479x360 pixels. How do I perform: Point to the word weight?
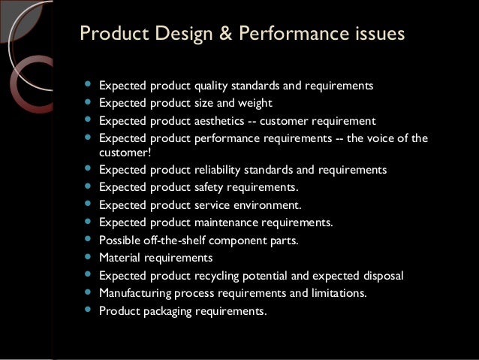point(255,103)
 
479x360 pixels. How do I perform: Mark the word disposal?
point(382,275)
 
